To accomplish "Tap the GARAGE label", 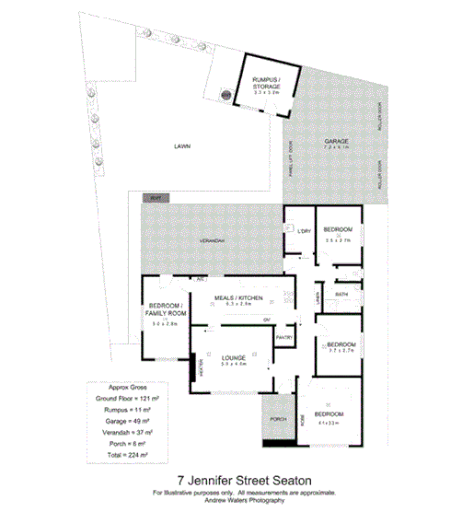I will click(x=336, y=141).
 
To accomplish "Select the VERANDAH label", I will click(x=213, y=241).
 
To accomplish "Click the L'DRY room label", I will click(x=301, y=231).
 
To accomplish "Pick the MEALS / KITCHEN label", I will click(x=238, y=298).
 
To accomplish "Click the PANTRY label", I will click(x=284, y=338).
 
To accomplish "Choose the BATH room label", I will click(x=341, y=295).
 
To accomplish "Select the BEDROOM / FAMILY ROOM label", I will click(x=168, y=308).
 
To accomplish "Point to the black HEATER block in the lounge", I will click(x=195, y=367).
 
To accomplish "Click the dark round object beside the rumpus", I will click(x=225, y=94).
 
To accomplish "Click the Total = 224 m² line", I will click(x=129, y=454).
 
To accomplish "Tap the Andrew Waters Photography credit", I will click(x=237, y=501).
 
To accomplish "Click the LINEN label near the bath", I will click(x=318, y=297).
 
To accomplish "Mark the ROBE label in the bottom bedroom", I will click(x=300, y=416).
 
